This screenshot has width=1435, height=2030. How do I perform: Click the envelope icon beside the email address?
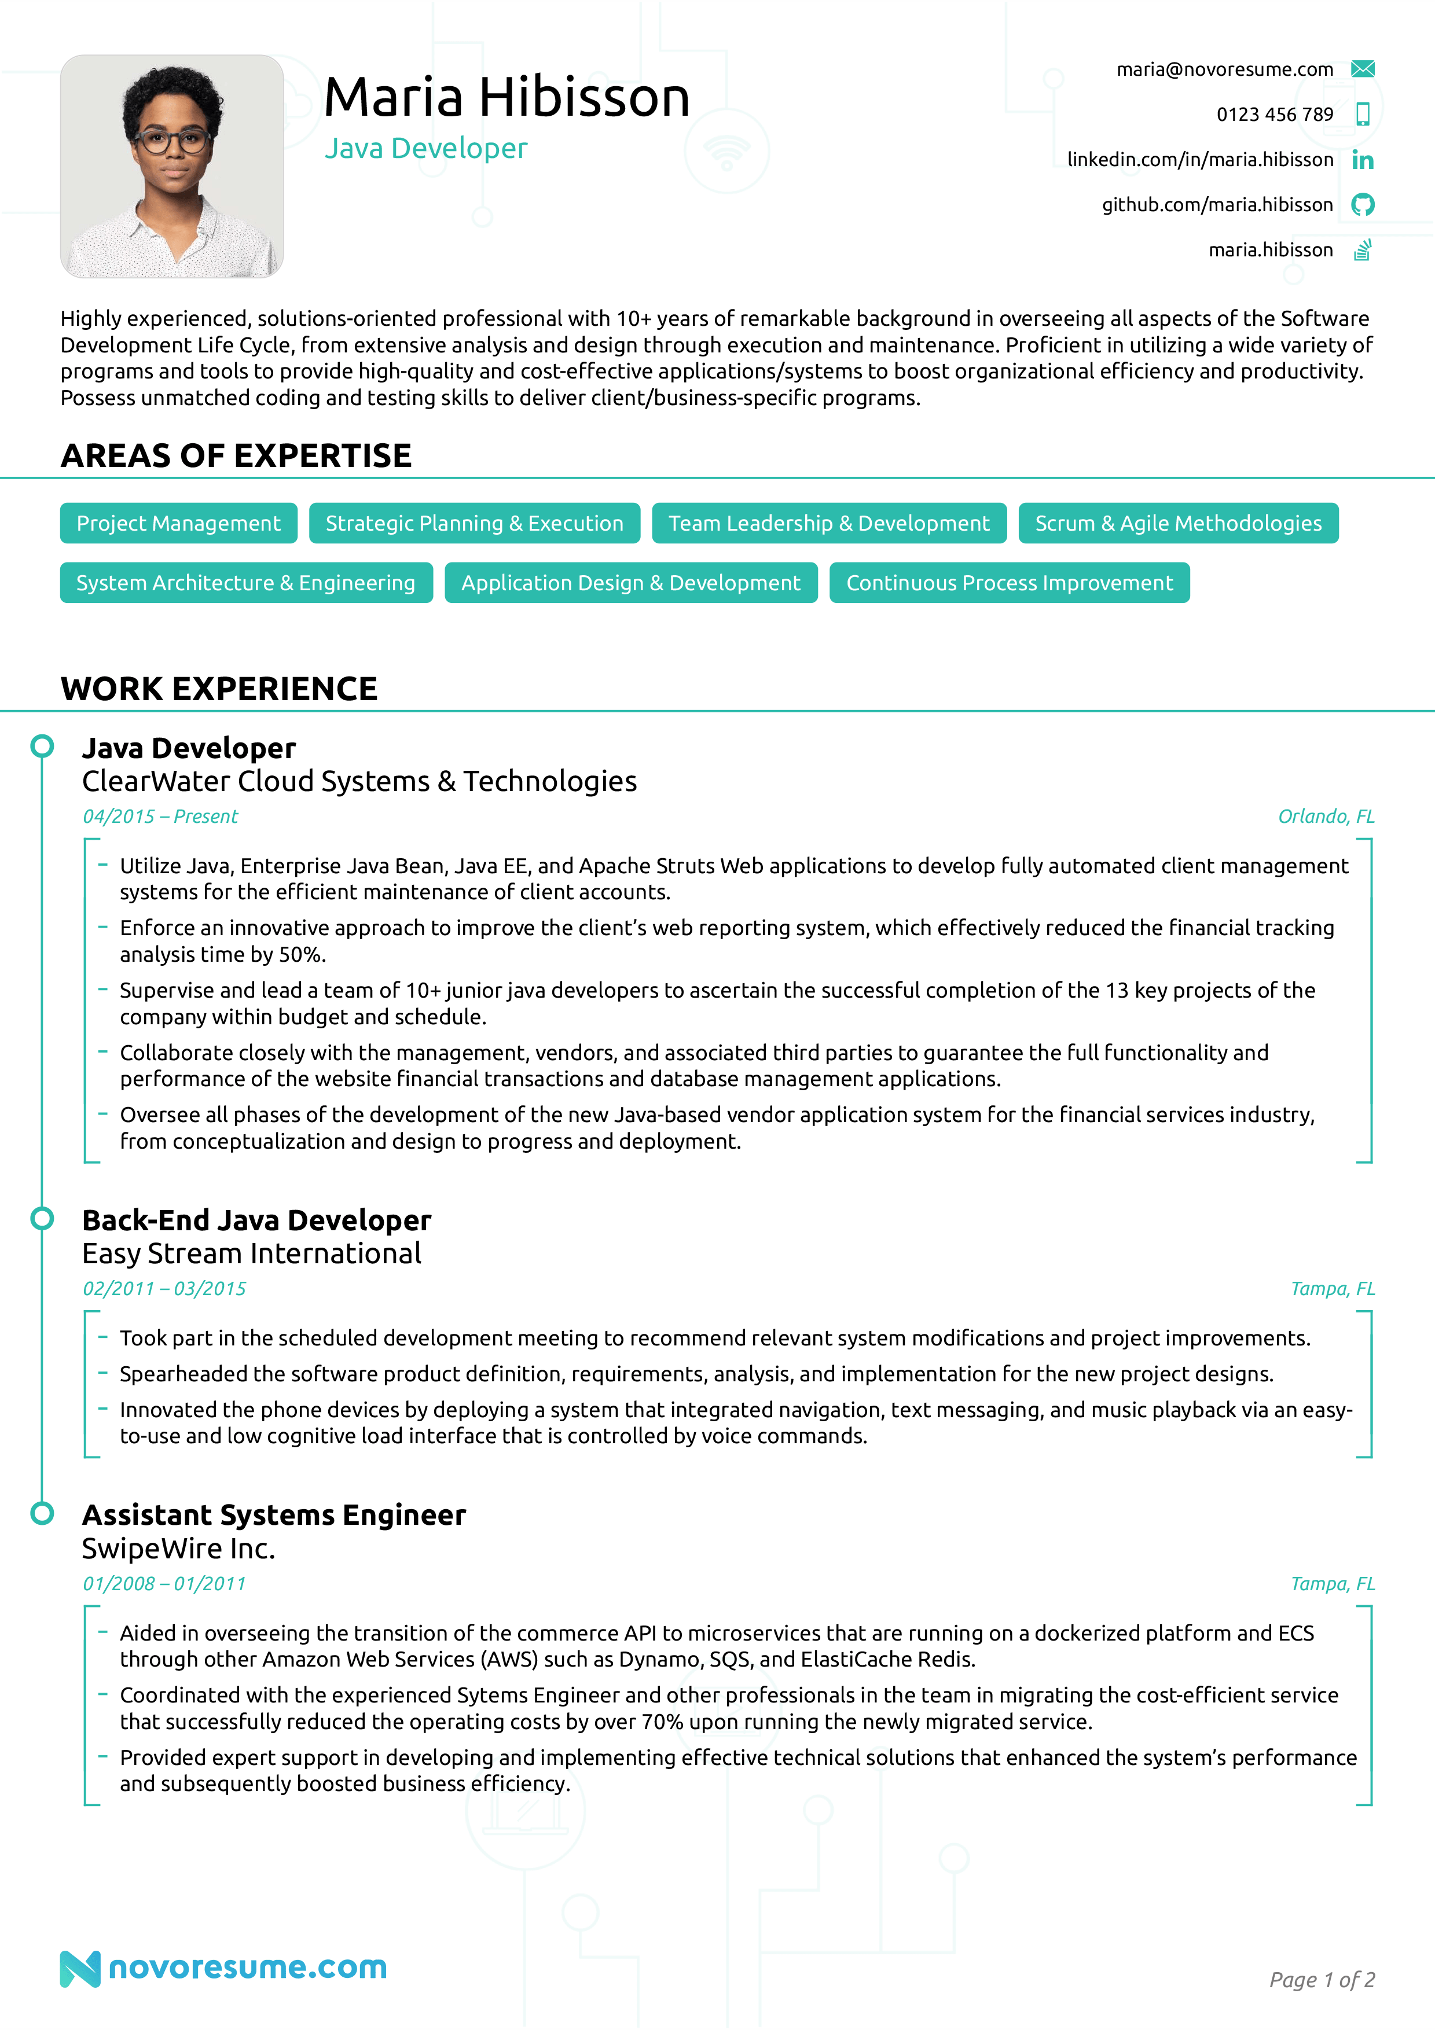coord(1363,69)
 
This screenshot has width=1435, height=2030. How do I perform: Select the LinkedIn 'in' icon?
coord(1363,160)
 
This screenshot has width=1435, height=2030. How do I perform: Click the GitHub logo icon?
coord(1363,205)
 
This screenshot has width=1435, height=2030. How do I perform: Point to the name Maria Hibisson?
coord(507,97)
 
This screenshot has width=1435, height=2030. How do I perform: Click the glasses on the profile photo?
coord(173,141)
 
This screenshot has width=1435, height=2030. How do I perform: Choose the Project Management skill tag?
coord(179,524)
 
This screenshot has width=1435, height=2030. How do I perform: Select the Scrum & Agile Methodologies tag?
coord(1178,524)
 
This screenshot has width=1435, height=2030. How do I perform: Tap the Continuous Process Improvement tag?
coord(1009,583)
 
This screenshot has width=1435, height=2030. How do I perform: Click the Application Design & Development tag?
coord(630,583)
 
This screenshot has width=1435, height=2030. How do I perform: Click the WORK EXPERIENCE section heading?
coord(219,689)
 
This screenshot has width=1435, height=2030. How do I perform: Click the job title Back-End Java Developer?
coord(256,1220)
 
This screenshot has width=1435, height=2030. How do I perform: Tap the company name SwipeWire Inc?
coord(179,1549)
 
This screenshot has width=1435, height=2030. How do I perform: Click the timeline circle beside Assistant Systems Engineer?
coord(42,1514)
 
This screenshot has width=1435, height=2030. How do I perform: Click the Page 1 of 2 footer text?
coord(1321,1980)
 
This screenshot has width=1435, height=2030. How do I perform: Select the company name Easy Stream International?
coord(252,1254)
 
